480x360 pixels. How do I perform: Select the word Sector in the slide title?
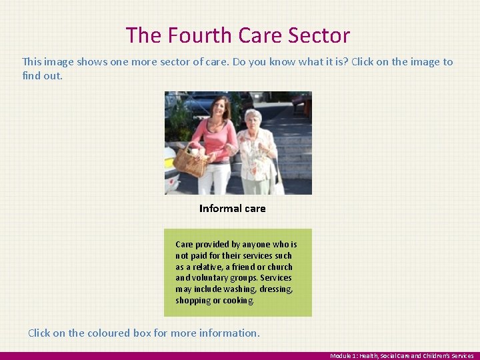click(x=319, y=35)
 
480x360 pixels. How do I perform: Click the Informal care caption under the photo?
click(x=232, y=209)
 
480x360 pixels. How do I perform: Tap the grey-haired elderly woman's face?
click(x=253, y=120)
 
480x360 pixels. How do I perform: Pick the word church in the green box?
click(x=279, y=267)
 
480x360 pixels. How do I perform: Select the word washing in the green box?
click(x=238, y=289)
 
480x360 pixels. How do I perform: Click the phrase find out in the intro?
click(x=42, y=76)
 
